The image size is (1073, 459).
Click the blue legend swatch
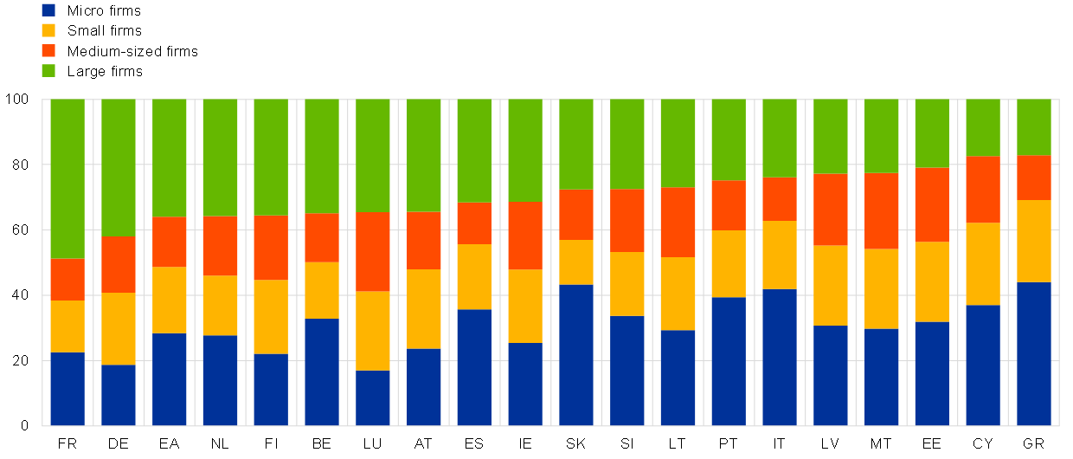[x=48, y=10]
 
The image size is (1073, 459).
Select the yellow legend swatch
[x=48, y=30]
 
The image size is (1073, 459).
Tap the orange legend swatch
[x=48, y=50]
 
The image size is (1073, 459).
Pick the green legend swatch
[x=48, y=70]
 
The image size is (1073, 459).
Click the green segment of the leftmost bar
[x=67, y=178]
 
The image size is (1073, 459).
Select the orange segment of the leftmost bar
[x=67, y=279]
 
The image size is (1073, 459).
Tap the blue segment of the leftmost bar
[x=67, y=389]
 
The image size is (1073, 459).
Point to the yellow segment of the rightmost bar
[x=1034, y=241]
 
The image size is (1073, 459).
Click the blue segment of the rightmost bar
[x=1034, y=353]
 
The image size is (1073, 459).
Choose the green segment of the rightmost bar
[x=1034, y=127]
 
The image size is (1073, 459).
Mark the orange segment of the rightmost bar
[x=1034, y=178]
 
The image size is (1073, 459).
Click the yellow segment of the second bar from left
[x=119, y=328]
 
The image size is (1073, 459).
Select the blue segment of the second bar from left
[x=119, y=395]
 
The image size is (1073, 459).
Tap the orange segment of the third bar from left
[x=170, y=242]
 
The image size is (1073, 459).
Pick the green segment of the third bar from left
[x=170, y=158]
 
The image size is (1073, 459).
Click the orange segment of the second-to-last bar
[x=983, y=189]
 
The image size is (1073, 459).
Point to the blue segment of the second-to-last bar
[x=983, y=365]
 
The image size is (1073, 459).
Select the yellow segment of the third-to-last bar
[x=932, y=281]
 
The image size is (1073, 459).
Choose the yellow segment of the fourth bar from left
[x=220, y=305]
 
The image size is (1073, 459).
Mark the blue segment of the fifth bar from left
[x=271, y=390]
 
